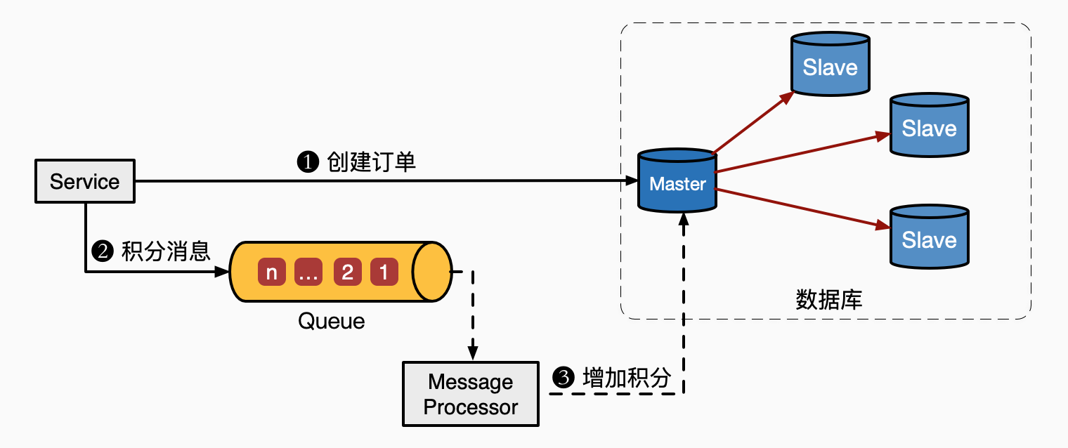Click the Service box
point(85,181)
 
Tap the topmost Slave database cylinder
point(830,65)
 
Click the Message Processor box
point(471,394)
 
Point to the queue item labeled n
point(272,272)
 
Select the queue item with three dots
point(308,272)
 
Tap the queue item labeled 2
point(347,272)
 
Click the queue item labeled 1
point(384,272)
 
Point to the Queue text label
point(332,321)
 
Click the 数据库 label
point(829,300)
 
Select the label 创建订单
point(372,162)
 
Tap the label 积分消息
point(166,251)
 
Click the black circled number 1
point(308,163)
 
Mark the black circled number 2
point(103,251)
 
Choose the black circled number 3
point(564,378)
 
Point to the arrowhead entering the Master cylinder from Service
point(631,181)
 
